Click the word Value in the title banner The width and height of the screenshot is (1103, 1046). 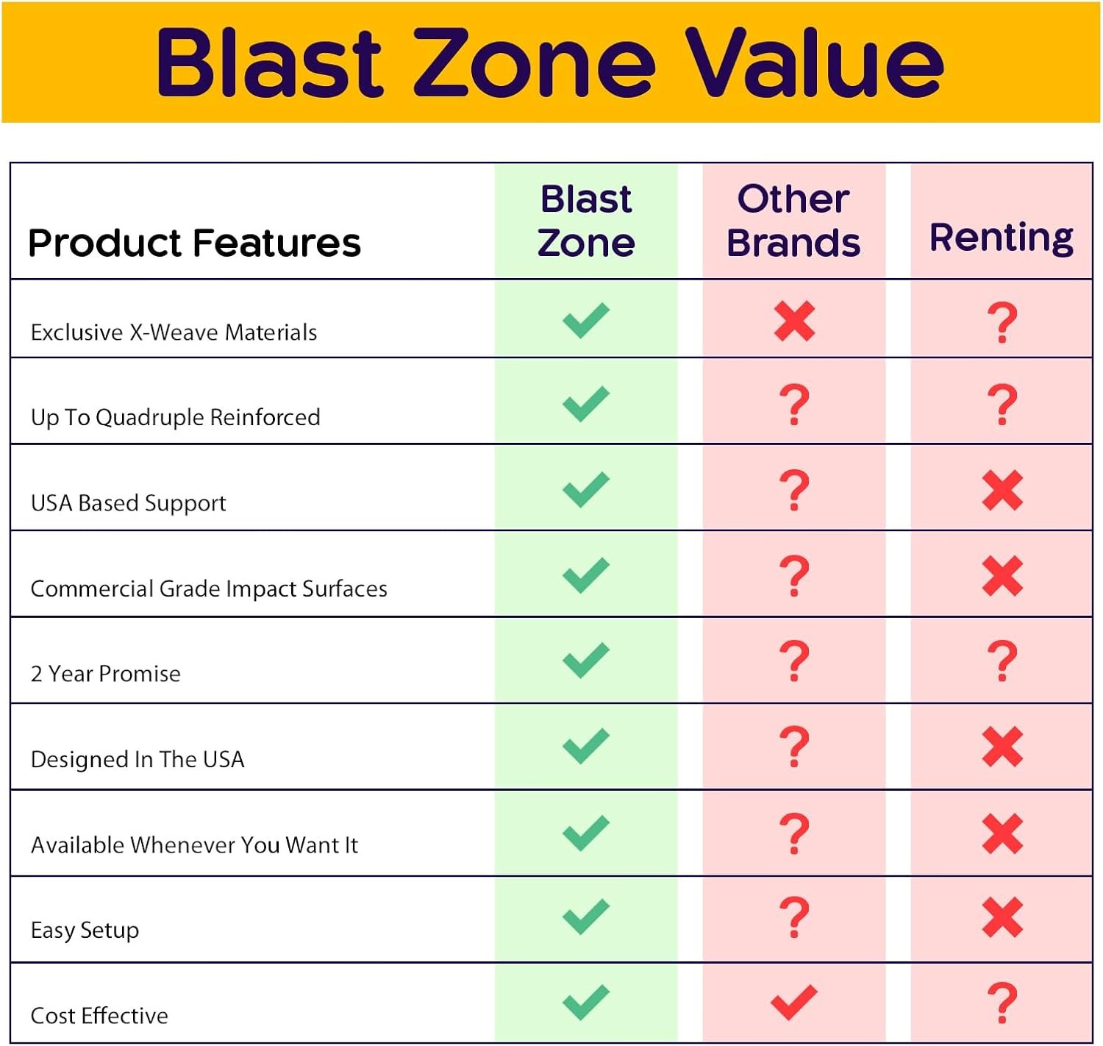(815, 62)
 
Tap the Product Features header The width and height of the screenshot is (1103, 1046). (194, 244)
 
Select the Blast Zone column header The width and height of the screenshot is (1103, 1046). (586, 221)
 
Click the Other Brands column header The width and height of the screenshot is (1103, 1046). (793, 221)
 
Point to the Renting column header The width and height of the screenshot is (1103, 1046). (1002, 238)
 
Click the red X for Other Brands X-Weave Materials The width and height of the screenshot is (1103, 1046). (794, 321)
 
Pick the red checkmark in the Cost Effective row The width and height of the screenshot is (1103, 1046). (794, 1002)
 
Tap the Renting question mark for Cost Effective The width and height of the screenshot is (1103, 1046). (1002, 1003)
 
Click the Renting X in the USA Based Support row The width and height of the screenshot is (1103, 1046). (1002, 491)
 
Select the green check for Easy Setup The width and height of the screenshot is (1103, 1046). (586, 917)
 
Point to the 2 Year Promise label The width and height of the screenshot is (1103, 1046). (106, 674)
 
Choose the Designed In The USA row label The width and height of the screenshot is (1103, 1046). (138, 759)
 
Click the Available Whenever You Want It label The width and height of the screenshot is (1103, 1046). (194, 845)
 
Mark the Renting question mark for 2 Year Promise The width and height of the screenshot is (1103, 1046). (1002, 661)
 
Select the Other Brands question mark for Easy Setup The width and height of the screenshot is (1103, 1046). (794, 917)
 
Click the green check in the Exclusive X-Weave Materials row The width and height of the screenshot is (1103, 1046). (586, 320)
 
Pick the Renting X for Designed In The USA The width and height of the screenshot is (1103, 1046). (1002, 747)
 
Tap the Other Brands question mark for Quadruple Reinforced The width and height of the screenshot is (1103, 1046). (794, 405)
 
